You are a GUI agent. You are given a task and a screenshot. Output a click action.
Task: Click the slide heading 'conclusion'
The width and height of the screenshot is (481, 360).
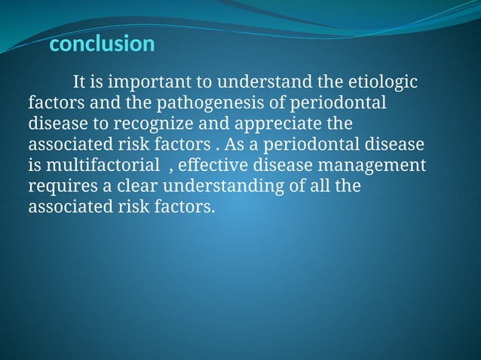tap(101, 44)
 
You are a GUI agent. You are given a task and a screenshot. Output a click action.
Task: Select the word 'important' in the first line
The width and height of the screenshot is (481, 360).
tap(133, 81)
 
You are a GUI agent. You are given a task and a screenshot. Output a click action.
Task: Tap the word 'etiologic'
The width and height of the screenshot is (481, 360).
tap(387, 81)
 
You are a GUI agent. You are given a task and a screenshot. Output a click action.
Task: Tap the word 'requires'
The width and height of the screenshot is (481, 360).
tap(60, 185)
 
